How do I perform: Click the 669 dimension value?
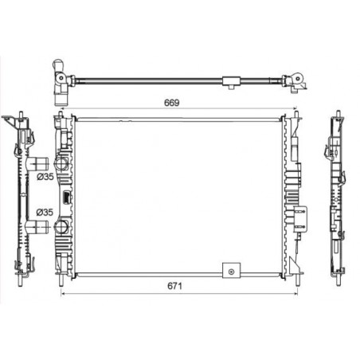coord(172,103)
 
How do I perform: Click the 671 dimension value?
coord(174,286)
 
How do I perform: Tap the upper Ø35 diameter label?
coord(45,177)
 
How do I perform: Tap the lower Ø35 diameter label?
coord(45,212)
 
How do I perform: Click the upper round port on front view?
coord(61,163)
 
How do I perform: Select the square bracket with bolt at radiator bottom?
coord(232,271)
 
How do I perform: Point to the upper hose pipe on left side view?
coord(38,164)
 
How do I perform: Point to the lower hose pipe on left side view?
coord(38,227)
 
